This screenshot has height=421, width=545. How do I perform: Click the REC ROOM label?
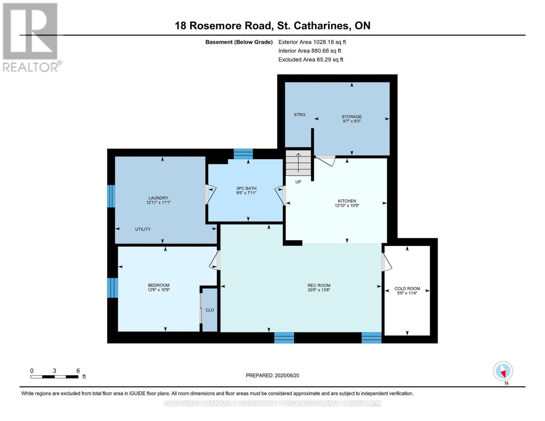tap(319, 285)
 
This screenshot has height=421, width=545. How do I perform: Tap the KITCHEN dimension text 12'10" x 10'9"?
tap(347, 206)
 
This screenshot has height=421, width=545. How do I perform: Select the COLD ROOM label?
tap(407, 288)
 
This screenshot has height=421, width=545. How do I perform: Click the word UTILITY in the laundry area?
tap(143, 229)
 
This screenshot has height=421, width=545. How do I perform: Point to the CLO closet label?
tap(210, 310)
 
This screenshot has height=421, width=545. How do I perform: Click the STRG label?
tap(299, 115)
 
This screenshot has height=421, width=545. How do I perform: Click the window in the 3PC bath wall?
tap(243, 154)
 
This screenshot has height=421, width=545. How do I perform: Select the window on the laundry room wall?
tap(111, 196)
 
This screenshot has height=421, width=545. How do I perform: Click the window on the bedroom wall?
tap(112, 288)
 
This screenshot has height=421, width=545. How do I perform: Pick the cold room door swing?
tap(386, 262)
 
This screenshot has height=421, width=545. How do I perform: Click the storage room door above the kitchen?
tap(326, 160)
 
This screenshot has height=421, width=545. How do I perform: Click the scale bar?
tap(54, 377)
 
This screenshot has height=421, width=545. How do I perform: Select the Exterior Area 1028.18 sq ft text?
tap(312, 42)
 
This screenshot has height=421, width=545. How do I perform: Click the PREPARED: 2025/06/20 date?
tap(272, 375)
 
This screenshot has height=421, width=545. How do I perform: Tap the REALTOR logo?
tap(31, 37)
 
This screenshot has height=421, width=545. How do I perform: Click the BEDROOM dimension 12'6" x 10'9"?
tap(159, 290)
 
